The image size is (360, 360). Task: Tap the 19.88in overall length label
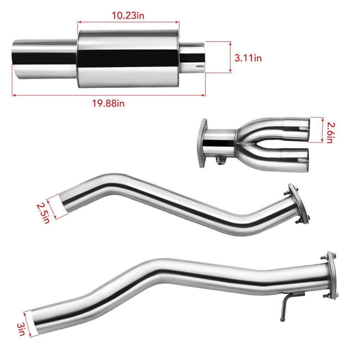[x=108, y=103]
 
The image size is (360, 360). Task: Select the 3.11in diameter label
[x=248, y=58]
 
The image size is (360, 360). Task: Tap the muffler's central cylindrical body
[x=128, y=58]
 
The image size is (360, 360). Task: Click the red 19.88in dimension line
[x=108, y=95]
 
